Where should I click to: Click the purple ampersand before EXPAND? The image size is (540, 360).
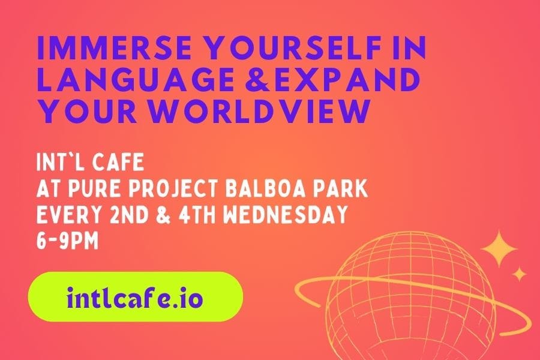point(257,80)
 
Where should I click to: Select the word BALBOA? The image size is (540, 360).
point(266,188)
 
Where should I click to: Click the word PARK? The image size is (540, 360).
point(341,188)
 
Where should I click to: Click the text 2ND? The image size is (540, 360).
point(130,214)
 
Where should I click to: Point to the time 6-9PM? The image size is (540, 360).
point(67,240)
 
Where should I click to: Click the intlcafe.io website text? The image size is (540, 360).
point(134,298)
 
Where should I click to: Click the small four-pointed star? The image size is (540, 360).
point(519,275)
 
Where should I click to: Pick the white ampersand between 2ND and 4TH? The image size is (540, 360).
point(164,214)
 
